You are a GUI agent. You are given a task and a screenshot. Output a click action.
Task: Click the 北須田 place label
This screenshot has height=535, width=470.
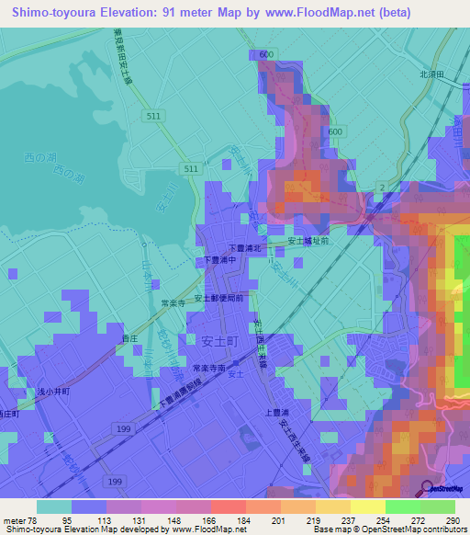pos(431,73)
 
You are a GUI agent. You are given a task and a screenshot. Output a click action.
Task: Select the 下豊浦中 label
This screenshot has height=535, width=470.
pos(220,261)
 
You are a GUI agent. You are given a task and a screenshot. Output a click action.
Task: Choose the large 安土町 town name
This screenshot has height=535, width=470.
pos(218,340)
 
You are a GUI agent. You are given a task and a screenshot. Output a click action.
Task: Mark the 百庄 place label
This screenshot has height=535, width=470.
pos(129,339)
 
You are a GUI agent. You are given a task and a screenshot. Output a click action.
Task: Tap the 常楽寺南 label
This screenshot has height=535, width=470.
pos(208,368)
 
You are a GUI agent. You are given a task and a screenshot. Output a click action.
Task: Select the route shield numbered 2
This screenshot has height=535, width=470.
pos(380,188)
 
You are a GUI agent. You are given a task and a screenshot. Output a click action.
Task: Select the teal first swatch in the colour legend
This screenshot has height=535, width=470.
pos(54,507)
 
